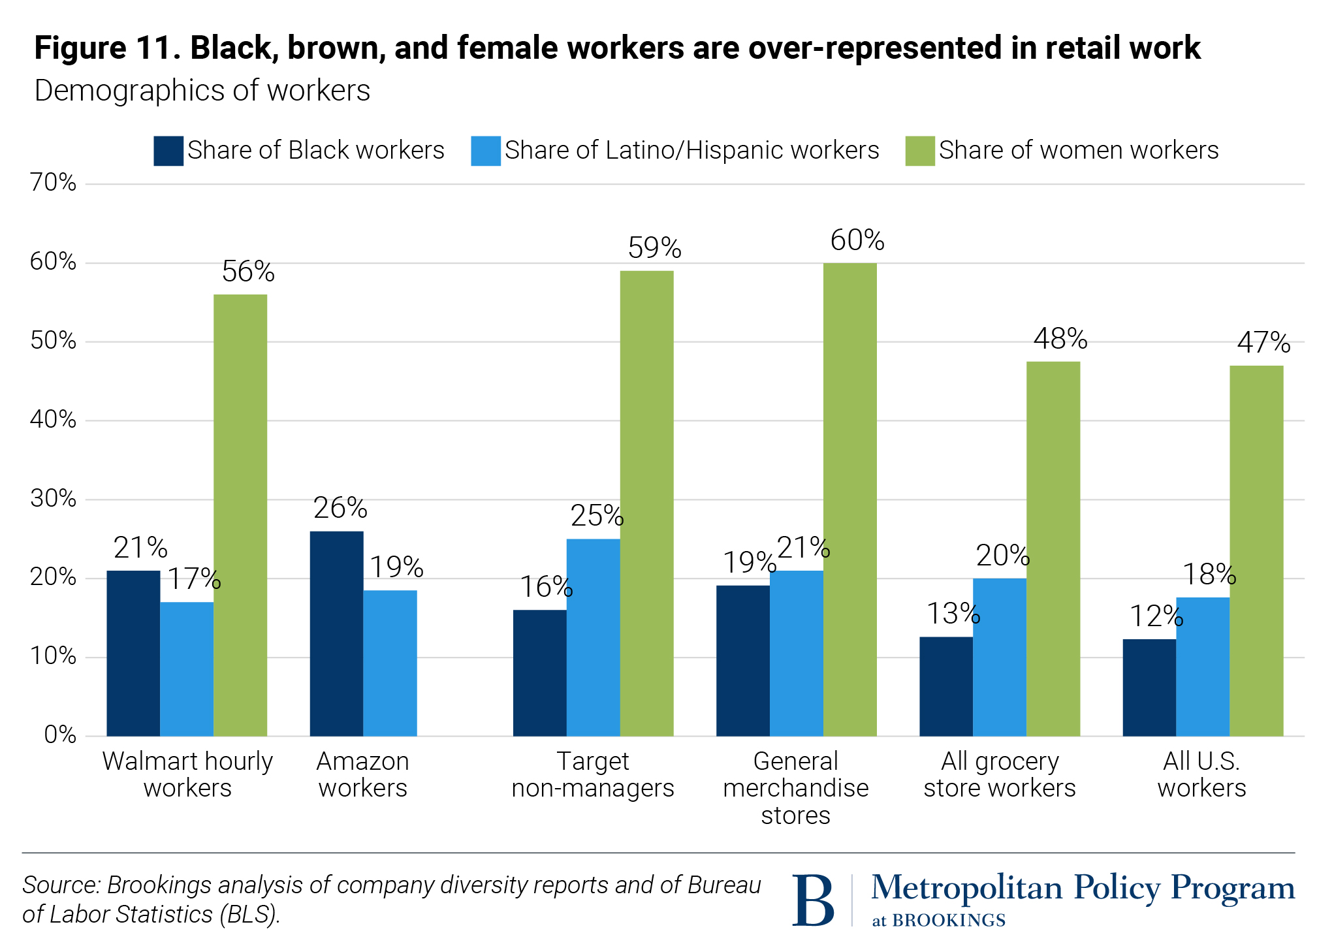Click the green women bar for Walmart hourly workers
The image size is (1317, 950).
click(240, 515)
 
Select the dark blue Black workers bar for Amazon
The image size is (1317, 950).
click(336, 633)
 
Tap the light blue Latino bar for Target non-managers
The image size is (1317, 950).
click(593, 637)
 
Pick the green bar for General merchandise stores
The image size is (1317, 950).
click(849, 499)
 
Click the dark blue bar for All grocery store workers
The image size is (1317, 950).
click(945, 686)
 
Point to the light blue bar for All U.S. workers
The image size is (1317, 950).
click(1202, 667)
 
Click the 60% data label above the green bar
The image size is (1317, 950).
click(857, 240)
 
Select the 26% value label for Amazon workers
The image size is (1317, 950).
click(340, 508)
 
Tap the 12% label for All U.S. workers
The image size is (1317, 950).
click(1156, 616)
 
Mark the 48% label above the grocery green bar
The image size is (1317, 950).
click(1060, 339)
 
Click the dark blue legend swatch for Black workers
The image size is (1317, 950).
click(168, 151)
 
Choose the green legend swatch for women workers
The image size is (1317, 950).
click(919, 151)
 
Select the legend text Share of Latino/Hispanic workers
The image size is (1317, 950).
click(691, 151)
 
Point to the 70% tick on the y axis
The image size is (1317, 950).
click(54, 183)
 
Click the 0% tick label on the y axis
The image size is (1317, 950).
click(60, 735)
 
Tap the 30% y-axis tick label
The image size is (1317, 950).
click(54, 499)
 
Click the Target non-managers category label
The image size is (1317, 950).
click(592, 774)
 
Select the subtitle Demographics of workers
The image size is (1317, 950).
click(202, 91)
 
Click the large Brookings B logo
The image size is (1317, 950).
click(813, 900)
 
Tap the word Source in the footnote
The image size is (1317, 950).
click(61, 885)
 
